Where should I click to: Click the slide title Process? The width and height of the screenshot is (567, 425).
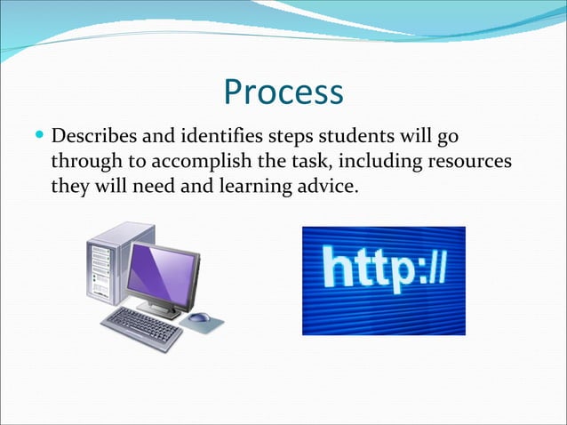click(283, 92)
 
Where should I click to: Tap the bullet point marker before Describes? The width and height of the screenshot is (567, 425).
click(38, 138)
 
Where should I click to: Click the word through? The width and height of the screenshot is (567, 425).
click(84, 164)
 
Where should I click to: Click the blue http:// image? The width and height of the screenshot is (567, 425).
click(383, 280)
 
